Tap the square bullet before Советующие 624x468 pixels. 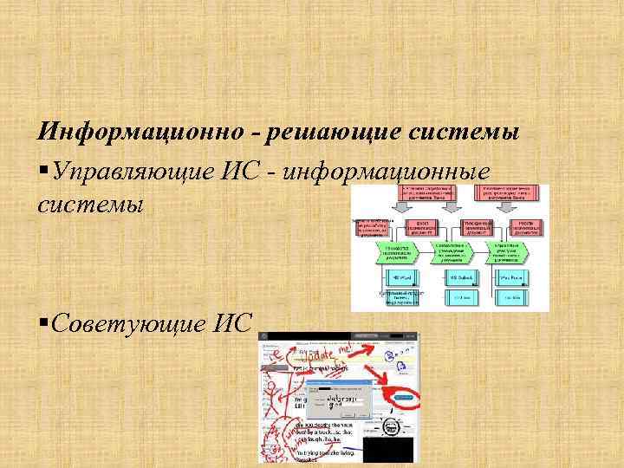[x=43, y=323]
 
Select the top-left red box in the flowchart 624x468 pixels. [x=423, y=195]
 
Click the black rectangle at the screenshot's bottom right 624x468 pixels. [x=388, y=449]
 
